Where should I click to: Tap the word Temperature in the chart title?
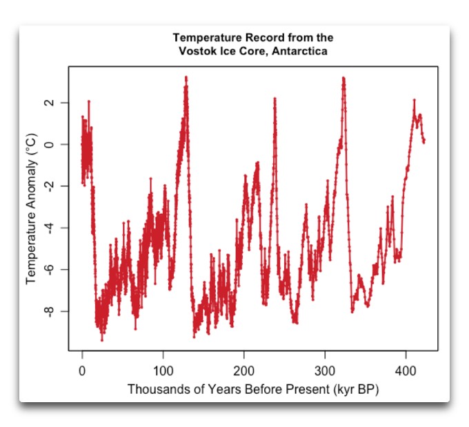(x=203, y=37)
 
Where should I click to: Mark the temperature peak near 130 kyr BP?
(x=186, y=77)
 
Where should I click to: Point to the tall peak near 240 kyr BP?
(x=275, y=99)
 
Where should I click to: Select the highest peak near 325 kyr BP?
(x=343, y=78)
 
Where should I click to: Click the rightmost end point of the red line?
(x=423, y=141)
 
